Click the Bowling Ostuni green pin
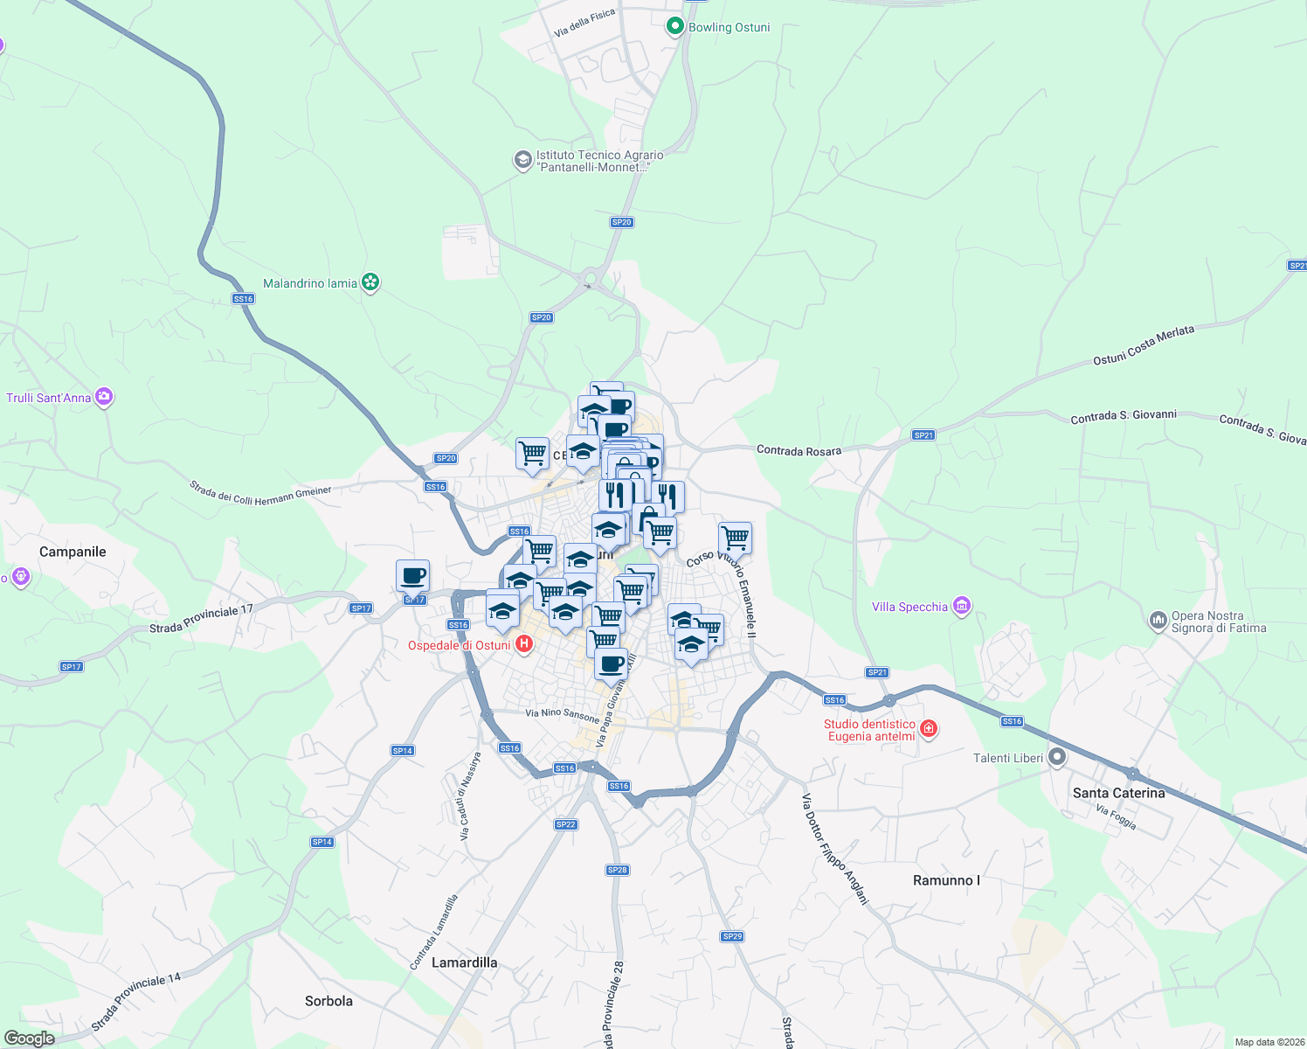coord(674,27)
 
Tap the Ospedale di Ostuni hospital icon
coord(524,645)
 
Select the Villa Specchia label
coord(909,607)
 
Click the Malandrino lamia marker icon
coord(370,282)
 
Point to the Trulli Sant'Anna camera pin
coord(105,397)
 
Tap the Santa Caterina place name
coord(1118,793)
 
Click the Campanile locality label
coord(73,552)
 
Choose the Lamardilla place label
coord(464,962)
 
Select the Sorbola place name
coord(328,1001)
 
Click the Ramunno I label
coord(946,880)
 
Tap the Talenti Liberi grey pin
coord(1057,757)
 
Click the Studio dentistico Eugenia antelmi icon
coord(929,728)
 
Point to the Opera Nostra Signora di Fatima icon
coord(1158,621)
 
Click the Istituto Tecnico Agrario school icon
coord(522,160)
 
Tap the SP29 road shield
coord(732,936)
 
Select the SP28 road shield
coord(617,870)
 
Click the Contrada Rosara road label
coord(799,450)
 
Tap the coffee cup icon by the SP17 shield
coord(412,577)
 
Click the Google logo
coord(30,1039)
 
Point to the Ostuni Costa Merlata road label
coord(1143,345)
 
